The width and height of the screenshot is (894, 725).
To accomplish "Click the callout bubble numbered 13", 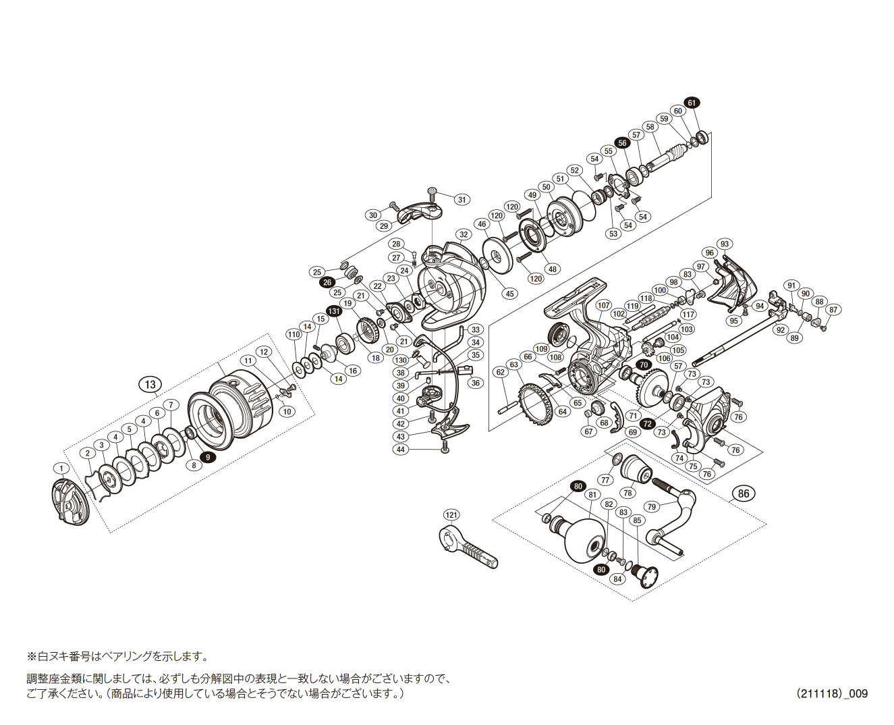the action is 150,385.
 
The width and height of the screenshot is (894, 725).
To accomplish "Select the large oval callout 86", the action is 743,493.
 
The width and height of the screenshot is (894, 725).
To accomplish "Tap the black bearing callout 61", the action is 692,103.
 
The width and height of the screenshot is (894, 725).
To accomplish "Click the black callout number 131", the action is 333,311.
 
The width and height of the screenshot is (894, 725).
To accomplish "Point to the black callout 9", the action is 208,457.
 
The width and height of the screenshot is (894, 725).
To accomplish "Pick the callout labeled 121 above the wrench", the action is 451,515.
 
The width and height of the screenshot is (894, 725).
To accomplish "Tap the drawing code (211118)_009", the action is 831,693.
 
